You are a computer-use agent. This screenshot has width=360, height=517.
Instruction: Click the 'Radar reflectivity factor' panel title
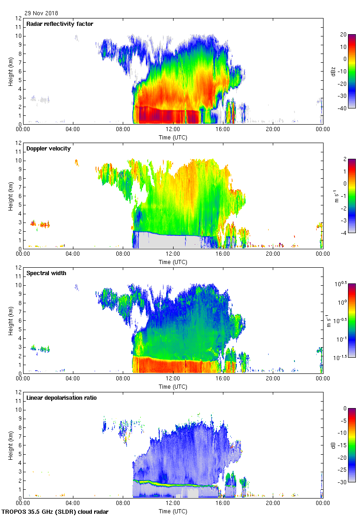coord(60,24)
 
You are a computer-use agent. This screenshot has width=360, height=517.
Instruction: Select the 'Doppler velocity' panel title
coord(47,149)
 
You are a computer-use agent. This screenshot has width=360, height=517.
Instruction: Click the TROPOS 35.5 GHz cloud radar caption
coord(55,511)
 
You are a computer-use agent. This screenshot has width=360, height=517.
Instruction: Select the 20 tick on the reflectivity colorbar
coord(343,35)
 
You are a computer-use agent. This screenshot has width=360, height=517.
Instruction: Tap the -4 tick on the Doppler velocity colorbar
coord(343,233)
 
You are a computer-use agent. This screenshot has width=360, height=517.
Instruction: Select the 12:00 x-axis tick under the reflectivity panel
coord(173,129)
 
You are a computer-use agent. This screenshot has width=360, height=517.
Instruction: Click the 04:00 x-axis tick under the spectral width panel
coord(73,379)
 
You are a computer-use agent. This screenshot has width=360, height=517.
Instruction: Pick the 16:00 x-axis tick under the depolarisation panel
coord(223,503)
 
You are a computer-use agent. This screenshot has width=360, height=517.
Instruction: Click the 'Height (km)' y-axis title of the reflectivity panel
coord(11,71)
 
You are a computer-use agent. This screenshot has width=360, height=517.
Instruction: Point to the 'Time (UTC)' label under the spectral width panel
coord(173,387)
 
